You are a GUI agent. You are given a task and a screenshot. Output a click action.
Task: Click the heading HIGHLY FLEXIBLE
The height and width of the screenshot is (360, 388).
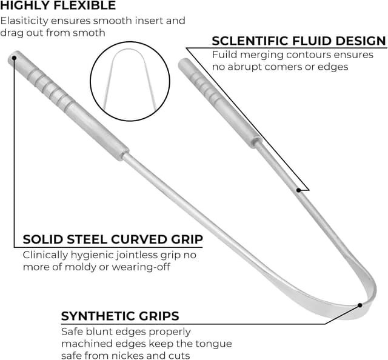click(58, 6)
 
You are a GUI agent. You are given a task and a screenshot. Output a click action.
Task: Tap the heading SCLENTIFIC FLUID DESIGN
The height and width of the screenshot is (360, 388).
click(298, 41)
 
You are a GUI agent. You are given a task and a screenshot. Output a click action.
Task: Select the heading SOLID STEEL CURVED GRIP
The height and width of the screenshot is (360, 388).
click(113, 239)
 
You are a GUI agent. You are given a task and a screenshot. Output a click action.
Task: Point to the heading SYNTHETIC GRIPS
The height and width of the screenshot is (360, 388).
click(120, 316)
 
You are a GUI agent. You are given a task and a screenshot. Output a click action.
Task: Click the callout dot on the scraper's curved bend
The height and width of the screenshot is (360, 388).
click(360, 305)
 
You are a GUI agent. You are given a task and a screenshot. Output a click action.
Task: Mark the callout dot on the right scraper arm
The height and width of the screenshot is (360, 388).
click(298, 190)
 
